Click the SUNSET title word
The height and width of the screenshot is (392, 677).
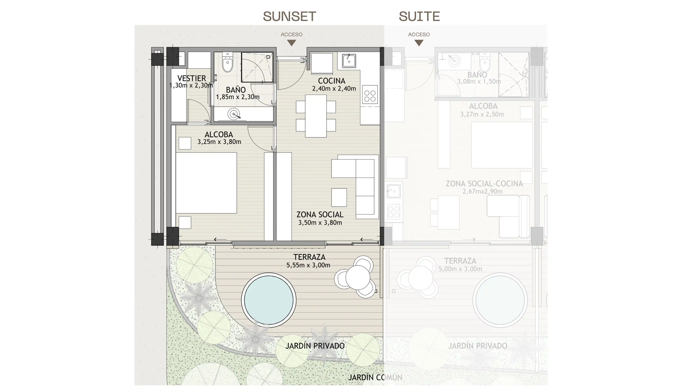[x=289, y=16]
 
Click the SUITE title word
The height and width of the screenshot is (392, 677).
[x=419, y=16]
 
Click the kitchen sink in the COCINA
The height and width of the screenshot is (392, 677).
[x=349, y=61]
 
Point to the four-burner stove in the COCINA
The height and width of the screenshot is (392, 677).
[x=370, y=94]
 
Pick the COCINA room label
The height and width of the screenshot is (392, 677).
[x=332, y=81]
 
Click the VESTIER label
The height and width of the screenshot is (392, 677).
[x=192, y=78]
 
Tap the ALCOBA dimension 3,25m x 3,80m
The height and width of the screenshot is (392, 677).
[x=219, y=142]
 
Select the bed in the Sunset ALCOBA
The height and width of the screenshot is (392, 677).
[x=206, y=183]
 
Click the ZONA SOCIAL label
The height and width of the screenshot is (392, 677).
[x=320, y=214]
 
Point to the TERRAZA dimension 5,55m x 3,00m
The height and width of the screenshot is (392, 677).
[x=308, y=265]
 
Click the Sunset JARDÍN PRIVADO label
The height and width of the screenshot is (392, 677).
[x=315, y=346]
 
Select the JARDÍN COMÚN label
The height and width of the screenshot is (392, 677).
[x=375, y=377]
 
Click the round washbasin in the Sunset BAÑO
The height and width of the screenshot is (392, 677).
[x=233, y=114]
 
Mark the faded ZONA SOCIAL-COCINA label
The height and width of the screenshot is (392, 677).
[x=484, y=184]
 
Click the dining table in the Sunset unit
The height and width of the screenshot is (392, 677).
[x=316, y=116]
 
